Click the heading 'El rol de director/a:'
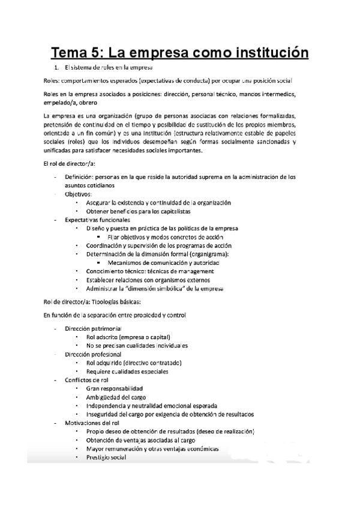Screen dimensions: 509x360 click(70, 164)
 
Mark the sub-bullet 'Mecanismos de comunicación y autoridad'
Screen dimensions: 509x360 click(164, 263)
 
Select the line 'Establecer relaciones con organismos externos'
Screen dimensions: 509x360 click(152, 280)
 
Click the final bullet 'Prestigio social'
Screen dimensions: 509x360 click(106, 458)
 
